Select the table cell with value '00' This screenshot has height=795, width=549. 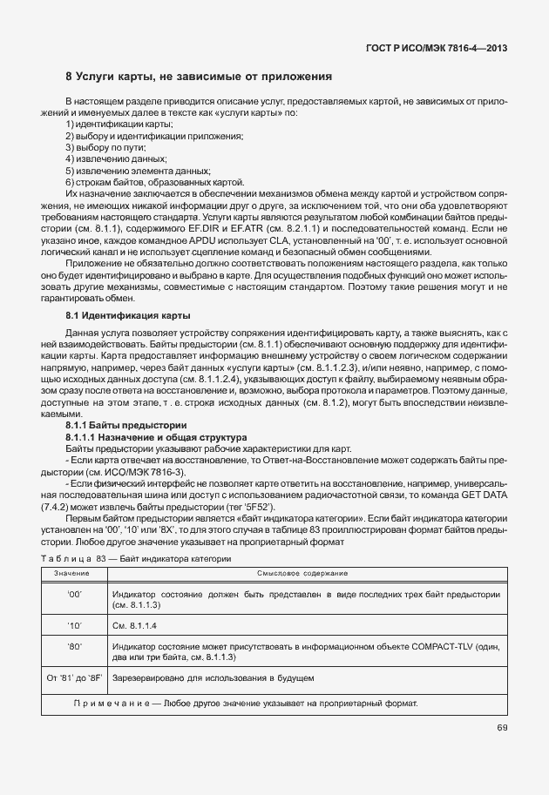click(73, 593)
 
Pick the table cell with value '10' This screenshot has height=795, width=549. click(73, 625)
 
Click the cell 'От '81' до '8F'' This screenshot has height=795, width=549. click(73, 677)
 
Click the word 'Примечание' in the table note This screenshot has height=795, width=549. click(111, 703)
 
